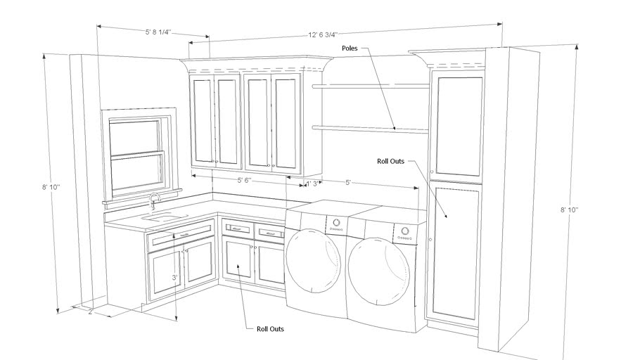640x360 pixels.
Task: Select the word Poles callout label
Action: [350, 49]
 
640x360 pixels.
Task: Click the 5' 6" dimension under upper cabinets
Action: [245, 181]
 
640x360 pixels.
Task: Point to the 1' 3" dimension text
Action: [313, 184]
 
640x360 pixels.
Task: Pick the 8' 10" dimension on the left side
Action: [51, 187]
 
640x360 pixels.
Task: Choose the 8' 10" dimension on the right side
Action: [570, 210]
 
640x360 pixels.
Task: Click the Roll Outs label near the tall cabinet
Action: [390, 161]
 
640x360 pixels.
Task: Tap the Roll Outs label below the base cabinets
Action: [270, 328]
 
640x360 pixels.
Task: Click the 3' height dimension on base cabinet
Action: [174, 277]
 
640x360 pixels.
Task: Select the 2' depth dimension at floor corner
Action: [91, 311]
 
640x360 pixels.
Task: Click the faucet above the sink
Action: [154, 201]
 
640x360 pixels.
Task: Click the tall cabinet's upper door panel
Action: [459, 126]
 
